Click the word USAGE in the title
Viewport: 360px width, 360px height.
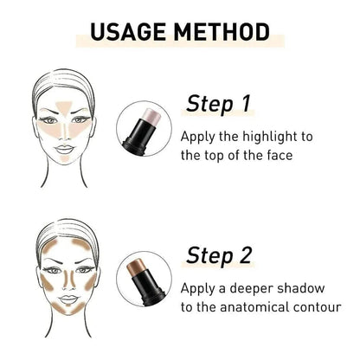[127, 32]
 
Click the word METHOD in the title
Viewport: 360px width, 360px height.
[222, 32]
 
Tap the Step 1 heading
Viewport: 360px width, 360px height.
[218, 104]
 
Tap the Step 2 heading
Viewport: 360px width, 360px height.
[219, 255]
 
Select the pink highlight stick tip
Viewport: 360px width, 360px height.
[151, 117]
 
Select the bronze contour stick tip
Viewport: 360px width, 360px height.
[136, 267]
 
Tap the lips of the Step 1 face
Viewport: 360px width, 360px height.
[64, 150]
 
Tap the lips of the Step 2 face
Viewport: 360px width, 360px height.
[68, 299]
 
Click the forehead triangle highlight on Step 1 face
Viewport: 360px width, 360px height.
[64, 108]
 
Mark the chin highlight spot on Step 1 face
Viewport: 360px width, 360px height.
[65, 159]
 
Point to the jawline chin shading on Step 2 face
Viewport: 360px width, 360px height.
[68, 309]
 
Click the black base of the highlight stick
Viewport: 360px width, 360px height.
[138, 136]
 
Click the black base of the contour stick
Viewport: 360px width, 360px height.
[148, 288]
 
